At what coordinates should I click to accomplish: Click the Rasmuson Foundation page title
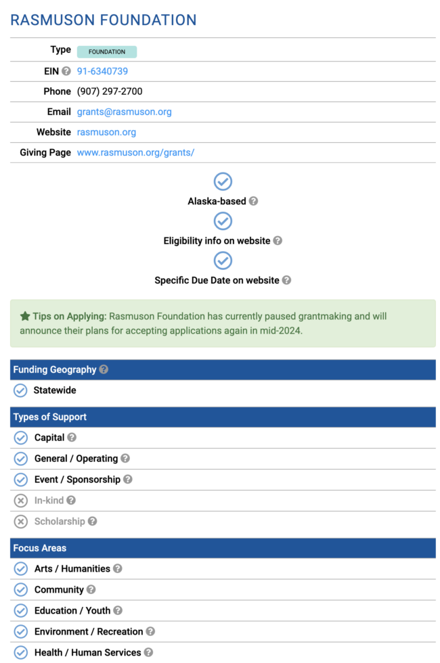[x=104, y=20]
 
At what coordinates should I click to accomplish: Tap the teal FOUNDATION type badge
[x=107, y=51]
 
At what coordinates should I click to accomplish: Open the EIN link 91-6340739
[x=102, y=71]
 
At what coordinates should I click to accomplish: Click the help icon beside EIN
[x=66, y=71]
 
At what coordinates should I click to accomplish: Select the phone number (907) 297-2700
[x=110, y=91]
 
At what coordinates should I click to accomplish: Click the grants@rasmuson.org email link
[x=124, y=112]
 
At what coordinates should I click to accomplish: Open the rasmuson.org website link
[x=106, y=132]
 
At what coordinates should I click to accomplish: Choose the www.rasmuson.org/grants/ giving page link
[x=135, y=152]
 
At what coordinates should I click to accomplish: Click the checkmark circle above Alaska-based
[x=223, y=181]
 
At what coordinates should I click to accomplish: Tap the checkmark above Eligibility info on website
[x=223, y=221]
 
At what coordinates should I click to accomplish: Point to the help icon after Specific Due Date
[x=286, y=280]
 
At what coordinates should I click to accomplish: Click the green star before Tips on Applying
[x=25, y=316]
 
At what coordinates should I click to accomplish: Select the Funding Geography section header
[x=55, y=369]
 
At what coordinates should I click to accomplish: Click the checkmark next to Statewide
[x=20, y=390]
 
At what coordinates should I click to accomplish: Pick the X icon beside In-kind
[x=21, y=501]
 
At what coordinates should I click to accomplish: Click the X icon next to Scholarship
[x=21, y=522]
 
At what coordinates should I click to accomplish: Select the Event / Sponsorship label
[x=77, y=479]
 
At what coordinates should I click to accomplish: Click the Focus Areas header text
[x=40, y=548]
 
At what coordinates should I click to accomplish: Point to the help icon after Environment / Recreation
[x=150, y=631]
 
